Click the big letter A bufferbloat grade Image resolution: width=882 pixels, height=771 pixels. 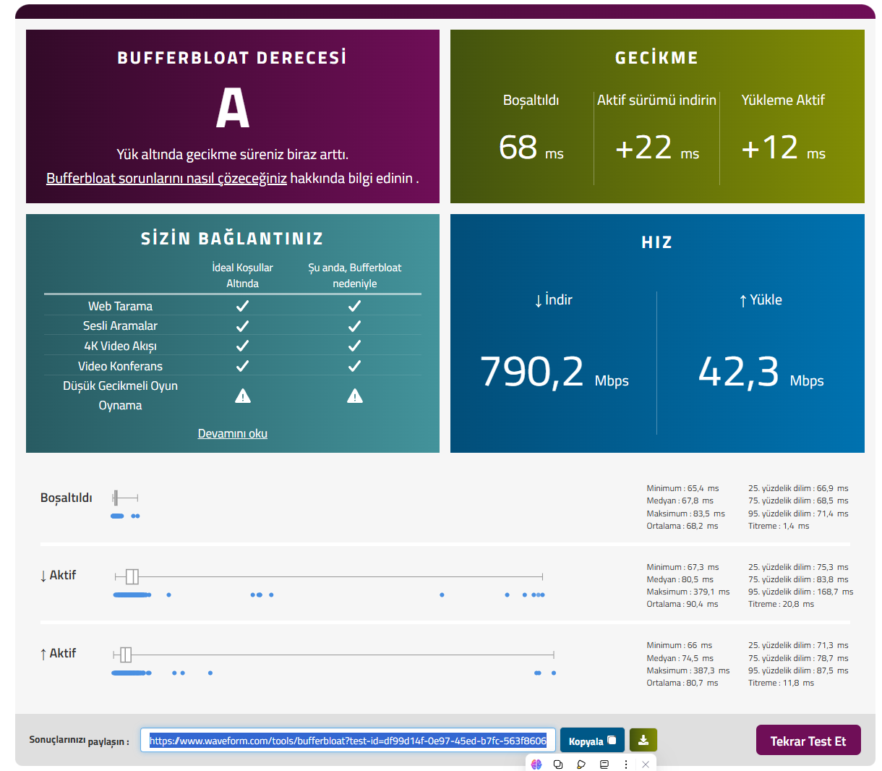point(232,107)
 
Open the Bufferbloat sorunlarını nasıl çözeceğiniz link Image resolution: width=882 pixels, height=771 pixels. point(166,178)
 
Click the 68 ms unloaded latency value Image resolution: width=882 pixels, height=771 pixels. point(531,148)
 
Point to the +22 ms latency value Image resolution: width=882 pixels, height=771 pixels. point(657,148)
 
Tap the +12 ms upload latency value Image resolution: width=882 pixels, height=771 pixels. point(783,148)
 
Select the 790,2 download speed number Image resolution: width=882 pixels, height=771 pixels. point(531,371)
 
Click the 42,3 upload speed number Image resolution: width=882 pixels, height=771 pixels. point(738,371)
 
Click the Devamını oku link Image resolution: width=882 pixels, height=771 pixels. point(232,433)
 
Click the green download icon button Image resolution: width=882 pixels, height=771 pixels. point(643,740)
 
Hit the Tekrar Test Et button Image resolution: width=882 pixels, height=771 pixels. point(808,740)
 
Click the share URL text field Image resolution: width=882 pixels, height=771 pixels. point(348,741)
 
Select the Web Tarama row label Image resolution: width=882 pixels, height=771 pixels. point(120,306)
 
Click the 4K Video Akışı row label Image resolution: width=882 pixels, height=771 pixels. point(120,346)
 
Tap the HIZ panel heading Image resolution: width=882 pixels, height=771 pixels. point(657,242)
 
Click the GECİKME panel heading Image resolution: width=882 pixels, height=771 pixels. point(657,58)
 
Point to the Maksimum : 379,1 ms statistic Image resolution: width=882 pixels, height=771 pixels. point(688,592)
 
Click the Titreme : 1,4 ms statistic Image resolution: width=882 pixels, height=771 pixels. point(779,526)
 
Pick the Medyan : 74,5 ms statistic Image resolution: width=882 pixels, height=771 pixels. point(680,658)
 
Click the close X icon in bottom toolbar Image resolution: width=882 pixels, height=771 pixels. point(646,764)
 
